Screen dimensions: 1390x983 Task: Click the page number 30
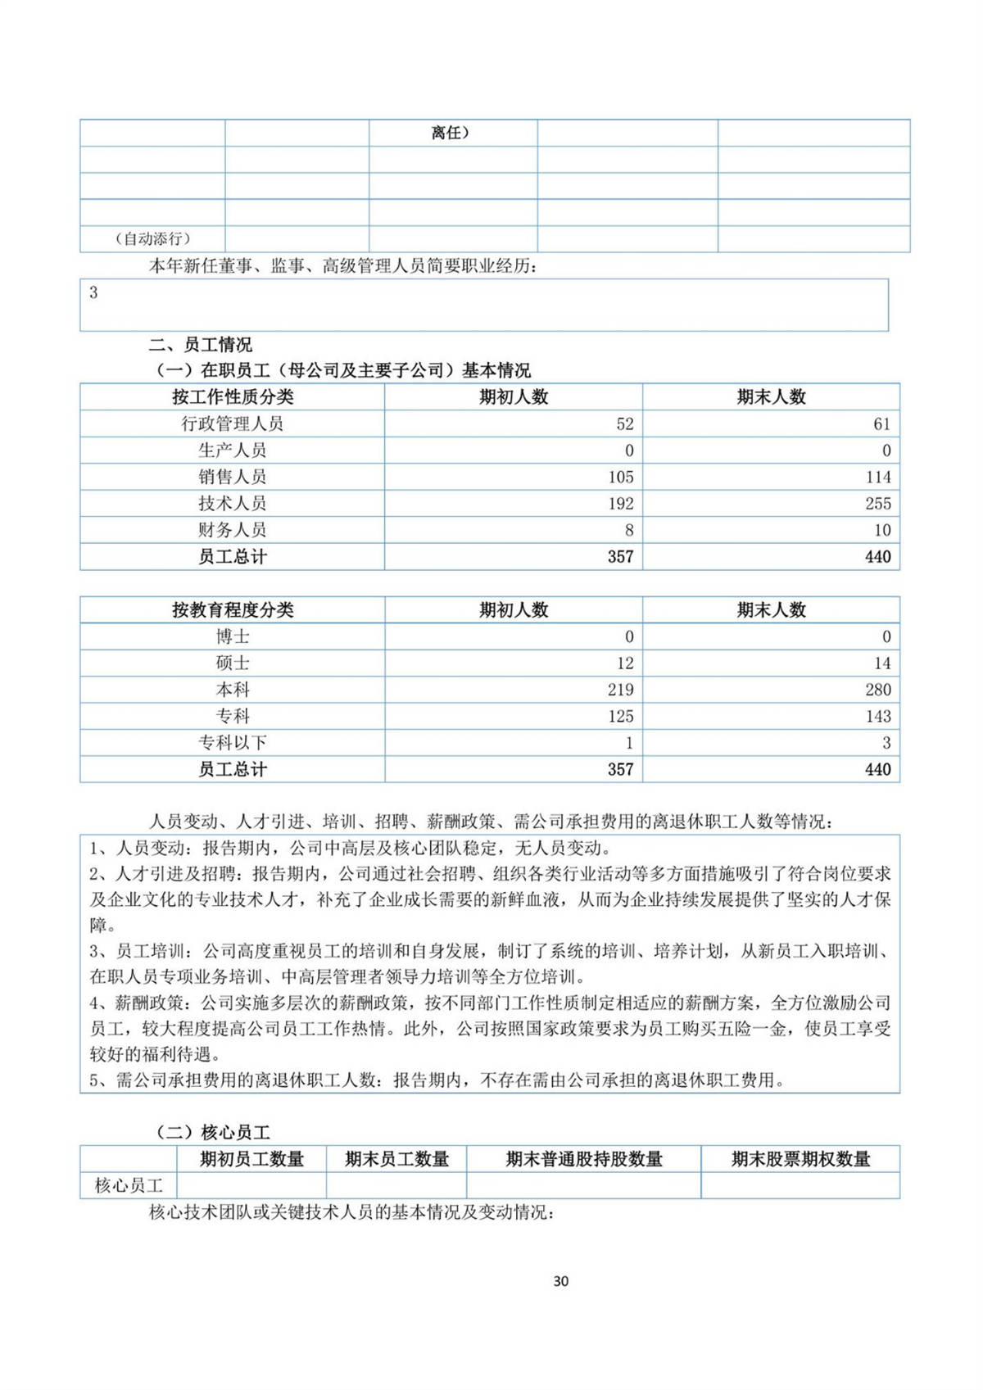click(x=561, y=1281)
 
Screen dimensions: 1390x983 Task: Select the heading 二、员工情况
click(x=200, y=345)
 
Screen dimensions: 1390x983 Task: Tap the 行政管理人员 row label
click(x=233, y=423)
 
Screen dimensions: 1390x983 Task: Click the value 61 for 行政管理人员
click(x=881, y=423)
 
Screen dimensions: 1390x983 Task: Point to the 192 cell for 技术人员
click(x=620, y=503)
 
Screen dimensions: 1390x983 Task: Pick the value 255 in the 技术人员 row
click(x=877, y=503)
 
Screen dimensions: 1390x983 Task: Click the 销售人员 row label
click(x=233, y=477)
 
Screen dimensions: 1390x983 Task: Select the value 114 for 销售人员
click(x=877, y=477)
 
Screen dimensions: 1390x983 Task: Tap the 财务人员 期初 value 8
click(x=628, y=530)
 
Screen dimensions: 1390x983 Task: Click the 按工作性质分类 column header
click(x=233, y=397)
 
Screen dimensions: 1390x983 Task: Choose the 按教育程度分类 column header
click(x=233, y=610)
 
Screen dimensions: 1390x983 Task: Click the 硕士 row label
click(x=233, y=663)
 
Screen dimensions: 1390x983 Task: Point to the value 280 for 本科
click(x=877, y=690)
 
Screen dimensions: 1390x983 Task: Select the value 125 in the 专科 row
click(x=620, y=716)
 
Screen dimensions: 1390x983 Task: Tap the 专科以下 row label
click(x=233, y=743)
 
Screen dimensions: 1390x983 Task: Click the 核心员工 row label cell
click(x=129, y=1185)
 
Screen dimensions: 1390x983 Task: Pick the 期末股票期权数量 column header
click(x=800, y=1159)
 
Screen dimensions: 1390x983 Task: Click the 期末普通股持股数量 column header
click(x=584, y=1159)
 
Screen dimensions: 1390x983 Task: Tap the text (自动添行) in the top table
click(x=152, y=239)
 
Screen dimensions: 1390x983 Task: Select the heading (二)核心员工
click(x=213, y=1133)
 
